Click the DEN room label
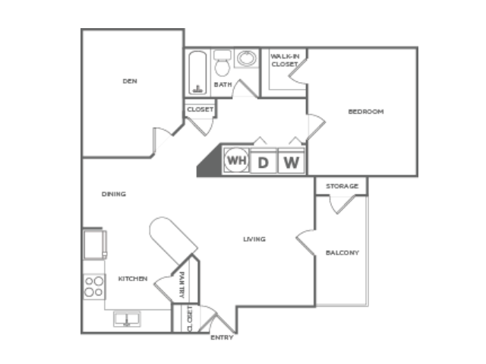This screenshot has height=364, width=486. click(130, 81)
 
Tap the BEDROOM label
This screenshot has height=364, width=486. click(366, 112)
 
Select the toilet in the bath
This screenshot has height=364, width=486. click(222, 63)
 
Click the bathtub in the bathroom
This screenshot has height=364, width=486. click(197, 72)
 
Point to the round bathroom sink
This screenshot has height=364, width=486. click(247, 58)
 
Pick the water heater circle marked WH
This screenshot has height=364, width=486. click(236, 160)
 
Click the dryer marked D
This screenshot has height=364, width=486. click(264, 161)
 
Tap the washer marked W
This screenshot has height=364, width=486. click(292, 161)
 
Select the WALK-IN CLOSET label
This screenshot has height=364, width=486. click(285, 60)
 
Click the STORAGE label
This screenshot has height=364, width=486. click(342, 186)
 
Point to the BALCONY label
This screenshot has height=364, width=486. click(342, 253)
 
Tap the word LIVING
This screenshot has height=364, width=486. click(254, 239)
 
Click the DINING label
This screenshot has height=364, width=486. click(114, 194)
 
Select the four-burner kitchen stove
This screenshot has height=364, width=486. click(94, 286)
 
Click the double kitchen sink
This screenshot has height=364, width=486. click(127, 319)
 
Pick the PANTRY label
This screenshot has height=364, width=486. click(182, 285)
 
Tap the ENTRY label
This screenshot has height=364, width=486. click(222, 337)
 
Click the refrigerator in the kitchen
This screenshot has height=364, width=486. click(94, 245)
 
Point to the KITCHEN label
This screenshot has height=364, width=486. click(133, 279)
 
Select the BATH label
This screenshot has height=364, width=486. click(222, 84)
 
